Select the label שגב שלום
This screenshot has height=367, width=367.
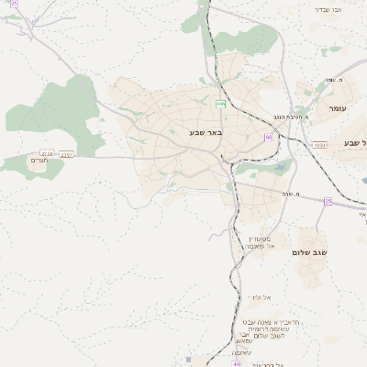click(313, 252)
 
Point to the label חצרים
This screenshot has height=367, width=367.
click(39, 161)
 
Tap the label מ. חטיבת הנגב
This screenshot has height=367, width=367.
click(291, 117)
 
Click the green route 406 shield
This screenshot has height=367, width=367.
click(221, 104)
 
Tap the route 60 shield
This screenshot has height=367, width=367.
click(268, 137)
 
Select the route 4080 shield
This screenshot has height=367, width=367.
click(318, 144)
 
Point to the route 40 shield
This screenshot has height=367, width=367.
click(237, 363)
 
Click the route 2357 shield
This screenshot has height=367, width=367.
click(66, 154)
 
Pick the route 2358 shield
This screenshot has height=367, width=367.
click(48, 152)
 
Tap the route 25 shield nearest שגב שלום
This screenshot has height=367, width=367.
click(328, 201)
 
